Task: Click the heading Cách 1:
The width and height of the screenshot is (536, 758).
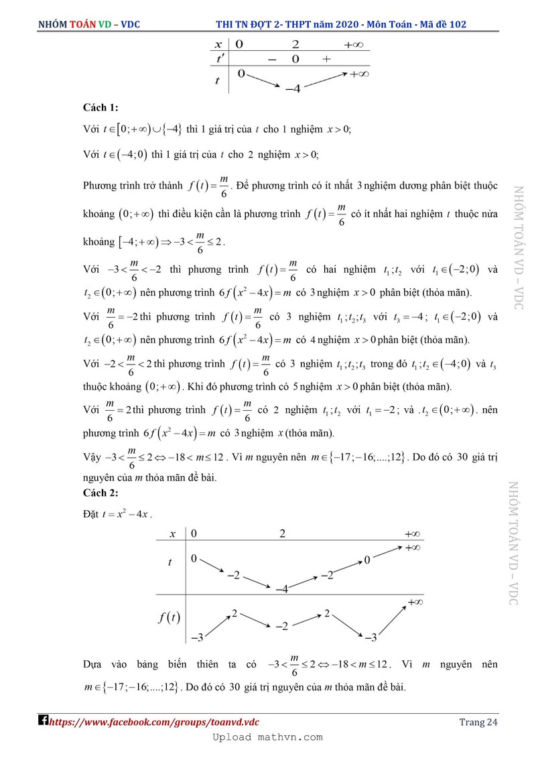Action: click(100, 107)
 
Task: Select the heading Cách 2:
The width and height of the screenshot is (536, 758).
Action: click(100, 493)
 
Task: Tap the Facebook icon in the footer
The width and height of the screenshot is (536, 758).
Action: click(42, 721)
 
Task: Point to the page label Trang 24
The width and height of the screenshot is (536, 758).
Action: click(478, 722)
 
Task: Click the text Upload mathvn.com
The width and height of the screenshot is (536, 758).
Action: click(267, 737)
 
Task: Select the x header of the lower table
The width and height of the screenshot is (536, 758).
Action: click(173, 534)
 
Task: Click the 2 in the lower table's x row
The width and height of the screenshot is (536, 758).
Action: click(282, 534)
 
